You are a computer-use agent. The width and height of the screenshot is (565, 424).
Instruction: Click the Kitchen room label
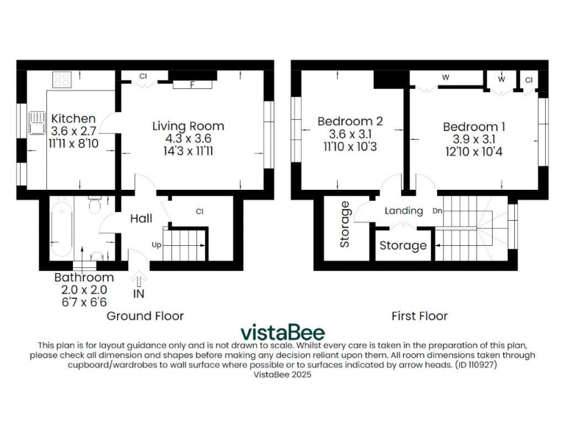pyautogui.click(x=73, y=119)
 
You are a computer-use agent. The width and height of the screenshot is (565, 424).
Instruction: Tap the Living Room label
pyautogui.click(x=188, y=125)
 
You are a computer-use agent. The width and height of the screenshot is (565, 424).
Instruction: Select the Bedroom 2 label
pyautogui.click(x=350, y=121)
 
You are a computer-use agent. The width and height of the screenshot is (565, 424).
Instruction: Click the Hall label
pyautogui.click(x=141, y=219)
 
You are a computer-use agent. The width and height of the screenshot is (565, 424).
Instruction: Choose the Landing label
pyautogui.click(x=404, y=211)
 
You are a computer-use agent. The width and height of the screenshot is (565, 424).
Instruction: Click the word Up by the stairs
pyautogui.click(x=155, y=244)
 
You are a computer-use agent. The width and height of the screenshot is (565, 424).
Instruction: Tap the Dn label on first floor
pyautogui.click(x=437, y=210)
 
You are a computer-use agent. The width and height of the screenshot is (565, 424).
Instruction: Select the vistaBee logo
pyautogui.click(x=282, y=332)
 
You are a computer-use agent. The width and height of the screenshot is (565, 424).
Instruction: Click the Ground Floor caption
pyautogui.click(x=145, y=316)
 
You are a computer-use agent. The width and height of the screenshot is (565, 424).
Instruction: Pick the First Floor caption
pyautogui.click(x=419, y=316)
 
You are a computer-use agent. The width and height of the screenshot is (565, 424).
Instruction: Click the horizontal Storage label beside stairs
pyautogui.click(x=402, y=245)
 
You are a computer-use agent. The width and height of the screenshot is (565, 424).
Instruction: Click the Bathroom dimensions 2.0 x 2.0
pyautogui.click(x=84, y=290)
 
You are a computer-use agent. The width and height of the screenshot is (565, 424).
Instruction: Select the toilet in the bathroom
pyautogui.click(x=94, y=205)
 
